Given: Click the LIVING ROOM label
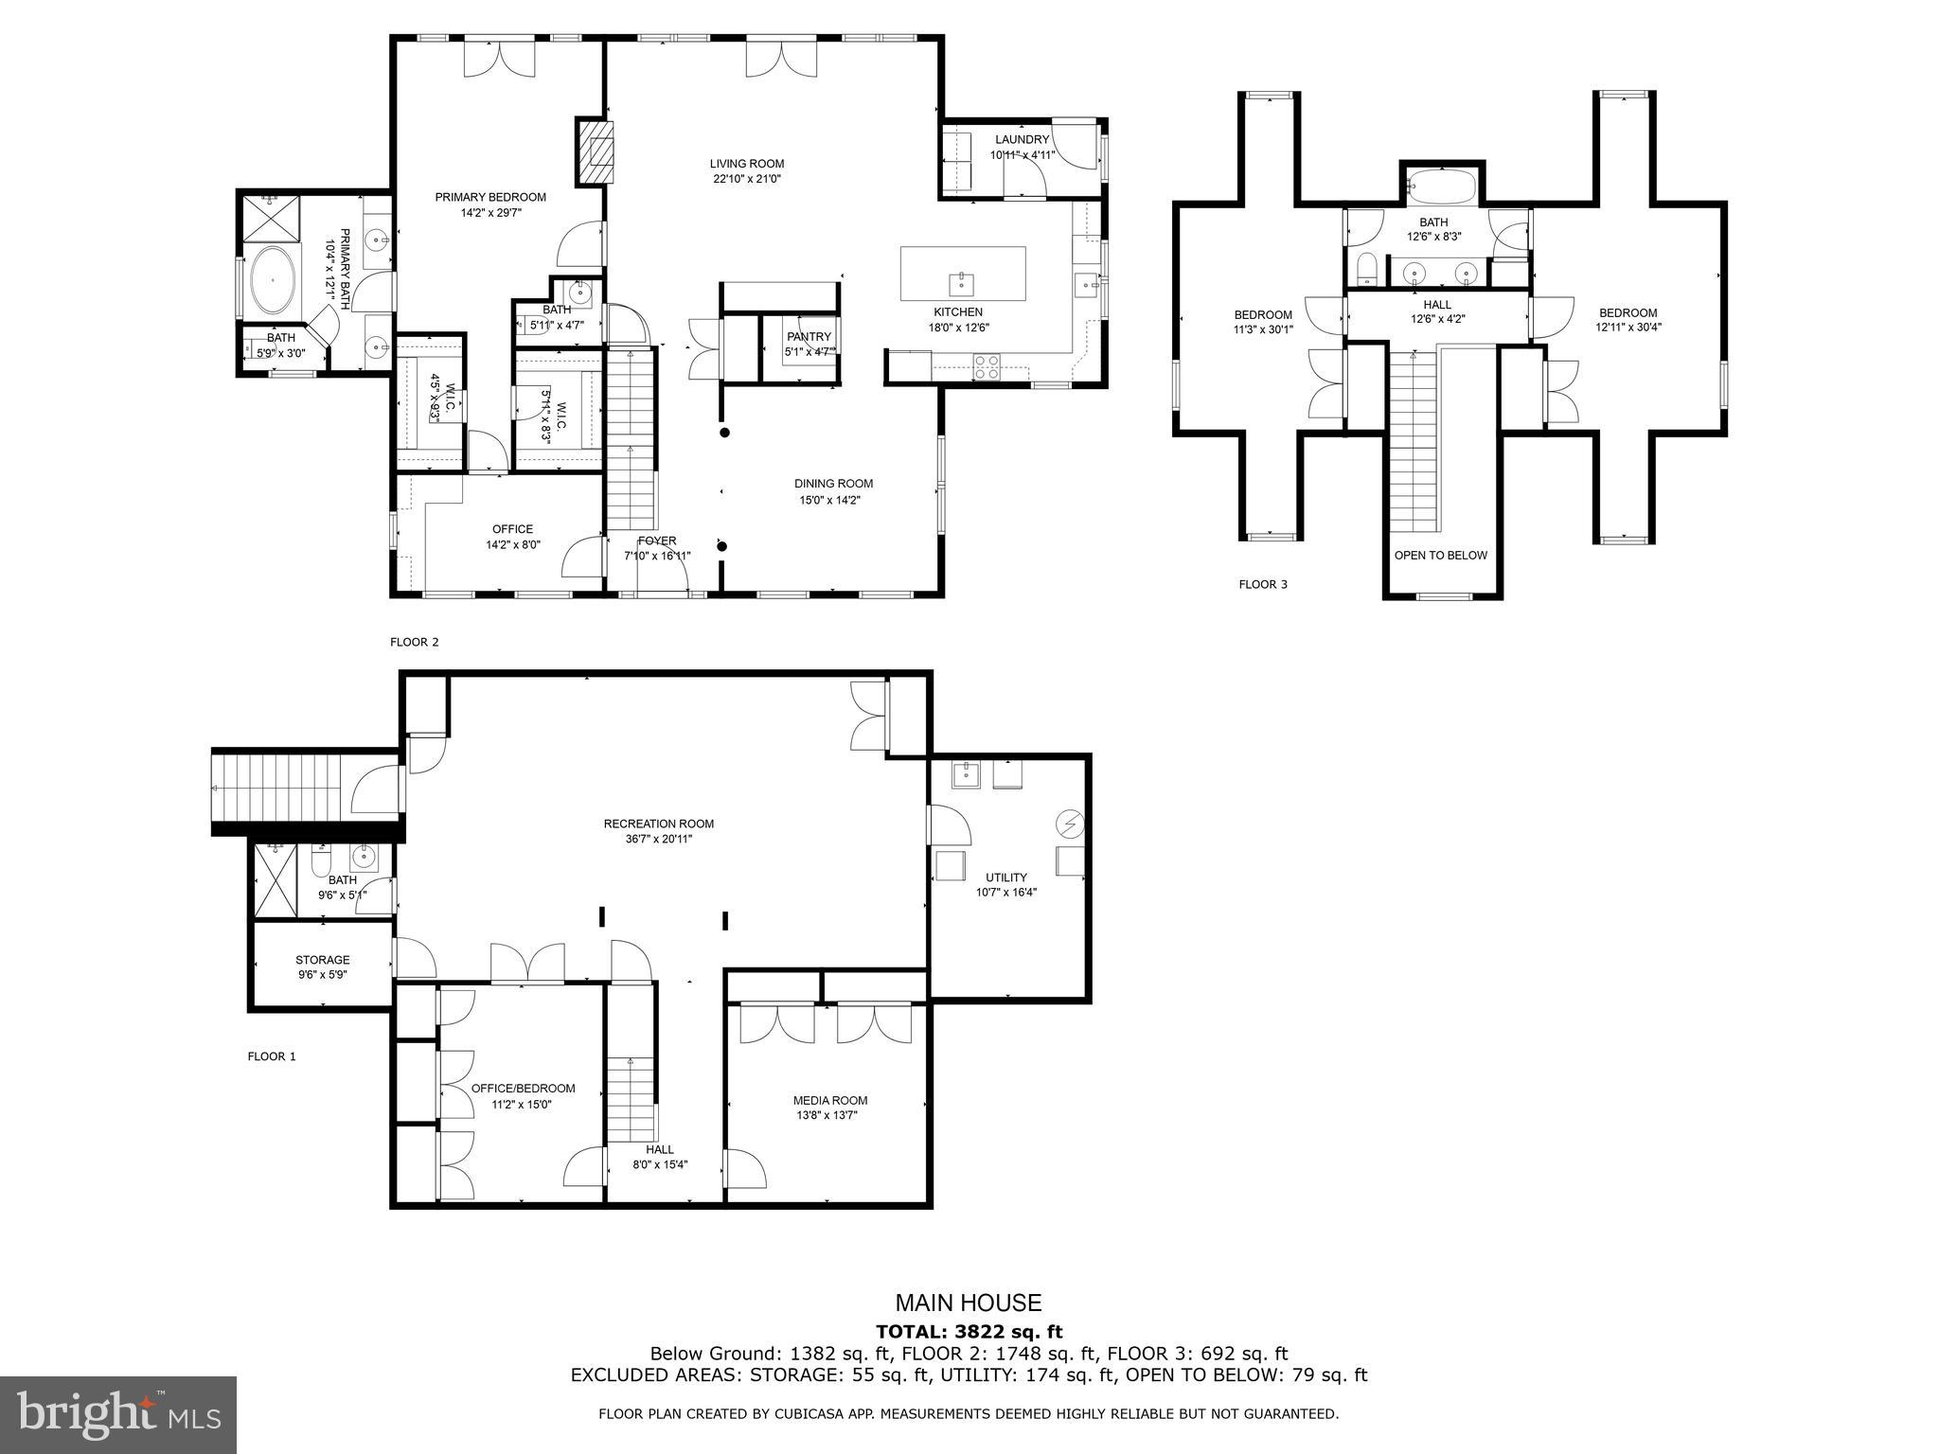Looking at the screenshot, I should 747,164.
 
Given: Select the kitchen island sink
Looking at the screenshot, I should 961,282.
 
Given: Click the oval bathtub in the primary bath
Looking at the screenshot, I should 272,280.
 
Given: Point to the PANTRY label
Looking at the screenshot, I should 809,337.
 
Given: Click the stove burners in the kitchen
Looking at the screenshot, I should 987,366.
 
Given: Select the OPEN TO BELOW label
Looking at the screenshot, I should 1440,556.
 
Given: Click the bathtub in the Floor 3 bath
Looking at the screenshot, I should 1440,186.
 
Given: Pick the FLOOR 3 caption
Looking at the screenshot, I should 1263,584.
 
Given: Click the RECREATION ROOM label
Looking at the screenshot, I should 658,824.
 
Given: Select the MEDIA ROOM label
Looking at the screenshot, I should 829,1100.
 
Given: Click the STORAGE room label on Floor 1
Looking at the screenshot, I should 322,960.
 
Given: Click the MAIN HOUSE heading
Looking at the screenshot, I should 969,1303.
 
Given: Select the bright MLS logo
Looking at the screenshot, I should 118,1414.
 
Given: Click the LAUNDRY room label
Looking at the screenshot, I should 1022,140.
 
